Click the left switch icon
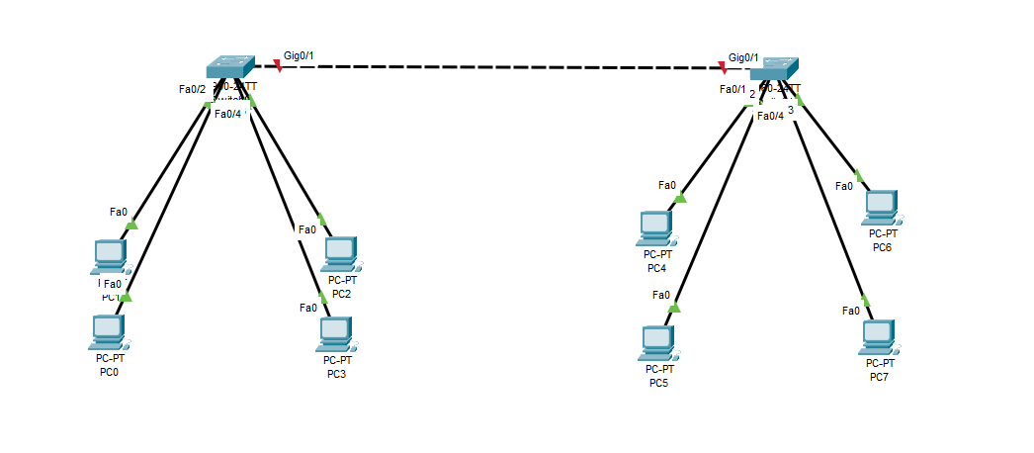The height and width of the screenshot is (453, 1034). tap(229, 66)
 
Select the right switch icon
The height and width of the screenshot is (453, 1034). tap(773, 70)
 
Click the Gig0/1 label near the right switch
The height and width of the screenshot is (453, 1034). tap(743, 57)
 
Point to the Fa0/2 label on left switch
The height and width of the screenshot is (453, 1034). tap(192, 90)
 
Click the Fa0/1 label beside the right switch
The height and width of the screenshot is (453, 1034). tap(732, 90)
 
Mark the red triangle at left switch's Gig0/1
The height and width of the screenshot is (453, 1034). tap(277, 66)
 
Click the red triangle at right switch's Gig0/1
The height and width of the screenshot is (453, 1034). tap(725, 68)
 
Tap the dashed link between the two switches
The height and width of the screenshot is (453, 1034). tap(494, 67)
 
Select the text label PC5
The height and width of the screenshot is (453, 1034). tap(659, 384)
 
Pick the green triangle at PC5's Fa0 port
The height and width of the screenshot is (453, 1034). tap(674, 308)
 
